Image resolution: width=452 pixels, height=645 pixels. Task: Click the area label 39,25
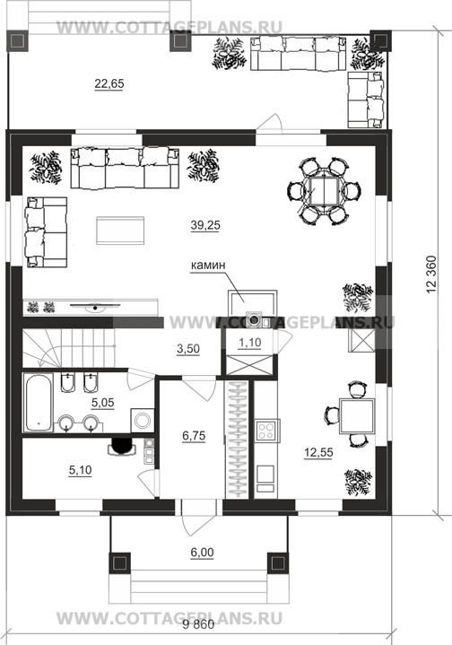point(205,225)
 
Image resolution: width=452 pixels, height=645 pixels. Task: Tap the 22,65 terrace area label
point(109,84)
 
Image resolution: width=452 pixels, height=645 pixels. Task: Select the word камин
point(208,266)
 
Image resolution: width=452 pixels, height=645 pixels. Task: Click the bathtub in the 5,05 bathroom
point(39,402)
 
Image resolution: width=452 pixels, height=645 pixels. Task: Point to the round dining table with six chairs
point(325,191)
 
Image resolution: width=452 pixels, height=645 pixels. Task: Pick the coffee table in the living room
point(120,231)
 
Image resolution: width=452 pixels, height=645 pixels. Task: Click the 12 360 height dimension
point(431,275)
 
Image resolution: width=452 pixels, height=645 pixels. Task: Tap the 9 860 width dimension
point(198,625)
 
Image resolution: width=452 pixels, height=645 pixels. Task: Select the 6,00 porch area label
point(202,553)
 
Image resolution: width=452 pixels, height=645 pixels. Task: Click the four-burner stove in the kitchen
point(266,431)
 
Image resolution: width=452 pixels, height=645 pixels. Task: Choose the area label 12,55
point(318,453)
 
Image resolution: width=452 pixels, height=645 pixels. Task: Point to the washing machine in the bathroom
point(143,421)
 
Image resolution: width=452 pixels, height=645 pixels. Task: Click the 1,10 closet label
point(249,343)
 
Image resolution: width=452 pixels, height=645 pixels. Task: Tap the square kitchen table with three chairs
point(351,415)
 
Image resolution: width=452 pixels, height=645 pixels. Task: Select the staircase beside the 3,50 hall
point(68,347)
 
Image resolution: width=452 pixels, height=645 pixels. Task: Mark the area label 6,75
point(194,436)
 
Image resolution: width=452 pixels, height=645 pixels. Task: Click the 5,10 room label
point(80,470)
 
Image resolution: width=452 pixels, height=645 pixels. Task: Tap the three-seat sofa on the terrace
point(298,53)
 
